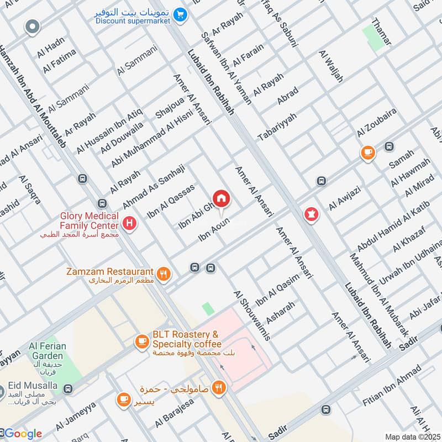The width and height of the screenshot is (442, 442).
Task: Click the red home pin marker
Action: coord(222,198)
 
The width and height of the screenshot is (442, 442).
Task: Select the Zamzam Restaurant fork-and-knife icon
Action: coord(164,272)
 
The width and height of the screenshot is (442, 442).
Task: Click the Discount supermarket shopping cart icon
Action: coord(179,15)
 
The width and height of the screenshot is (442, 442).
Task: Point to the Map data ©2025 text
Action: coord(413,436)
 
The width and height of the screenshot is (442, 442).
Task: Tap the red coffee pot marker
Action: coord(311,214)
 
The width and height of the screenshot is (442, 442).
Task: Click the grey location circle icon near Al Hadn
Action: coord(33,26)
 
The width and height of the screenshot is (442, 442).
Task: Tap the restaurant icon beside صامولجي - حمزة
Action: coord(219,387)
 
